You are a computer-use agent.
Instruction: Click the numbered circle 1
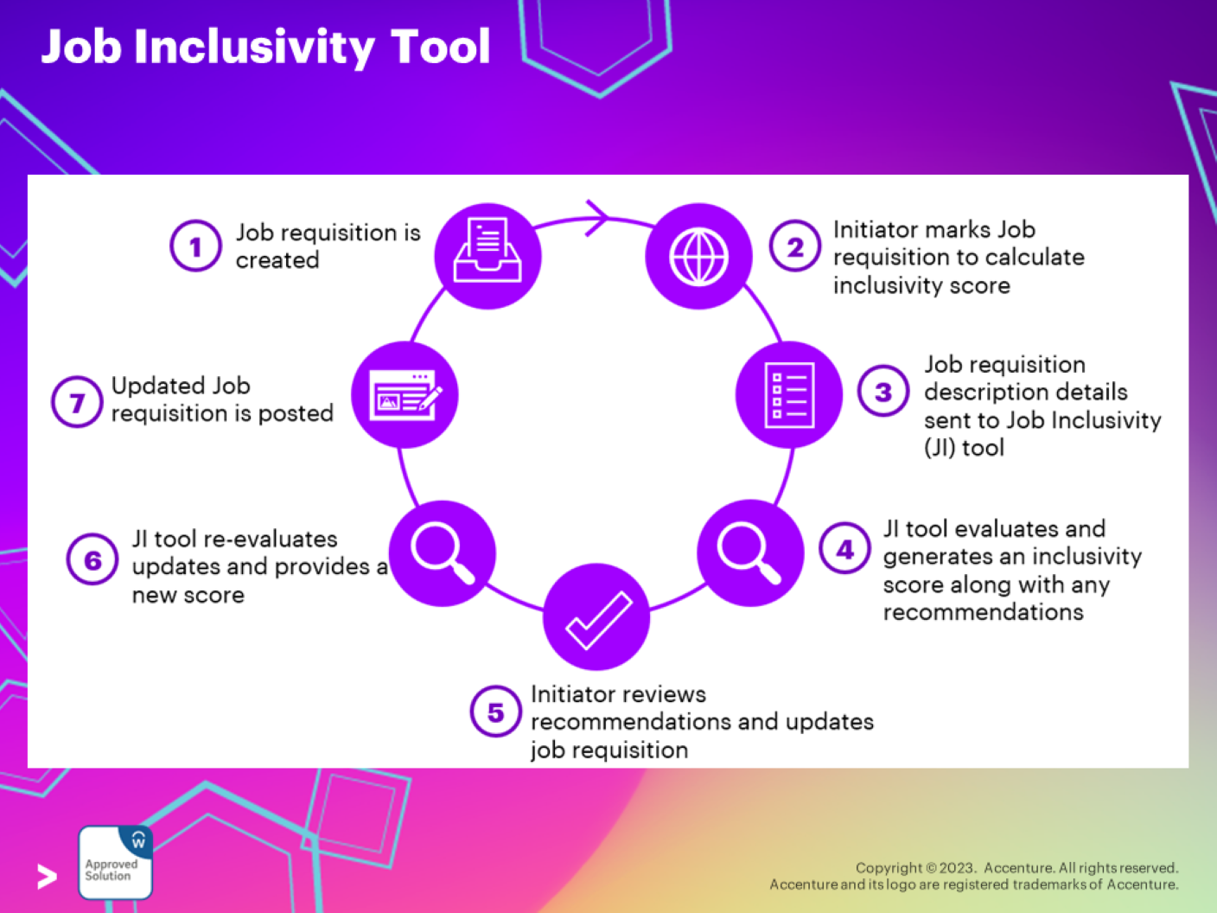[195, 246]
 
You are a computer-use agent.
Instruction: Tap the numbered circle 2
[794, 247]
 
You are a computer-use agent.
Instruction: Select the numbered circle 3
[882, 392]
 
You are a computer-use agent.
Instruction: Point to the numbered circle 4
[844, 549]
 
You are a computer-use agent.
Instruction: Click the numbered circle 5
[495, 712]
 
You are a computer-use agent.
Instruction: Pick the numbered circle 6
[92, 560]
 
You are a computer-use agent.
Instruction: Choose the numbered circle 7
[77, 402]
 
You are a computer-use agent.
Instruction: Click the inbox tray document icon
[487, 255]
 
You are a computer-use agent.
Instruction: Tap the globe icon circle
[698, 257]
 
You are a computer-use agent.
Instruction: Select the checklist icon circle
[788, 394]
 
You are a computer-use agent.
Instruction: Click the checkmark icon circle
[596, 617]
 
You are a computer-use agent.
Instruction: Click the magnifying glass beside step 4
[749, 552]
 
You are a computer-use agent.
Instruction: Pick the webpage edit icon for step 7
[405, 395]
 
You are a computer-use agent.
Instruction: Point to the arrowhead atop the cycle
[596, 218]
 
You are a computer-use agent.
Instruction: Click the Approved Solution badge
[115, 862]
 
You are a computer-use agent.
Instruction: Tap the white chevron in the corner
[48, 876]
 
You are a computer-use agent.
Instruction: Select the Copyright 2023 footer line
[1016, 867]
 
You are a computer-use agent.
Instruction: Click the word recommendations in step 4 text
[983, 612]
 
